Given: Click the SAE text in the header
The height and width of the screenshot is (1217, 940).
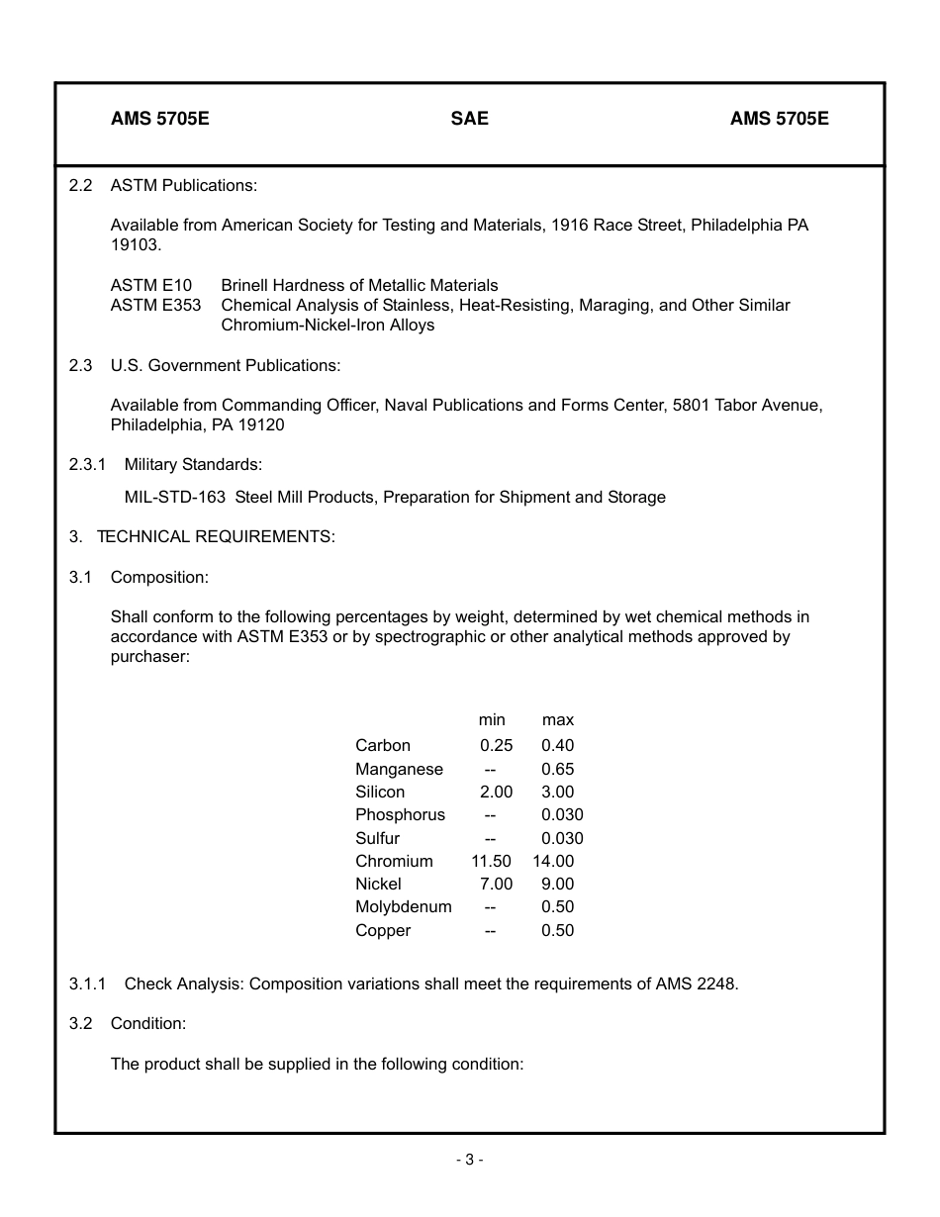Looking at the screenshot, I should coord(469,119).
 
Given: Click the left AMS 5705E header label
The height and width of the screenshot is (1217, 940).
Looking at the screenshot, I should coord(159,119).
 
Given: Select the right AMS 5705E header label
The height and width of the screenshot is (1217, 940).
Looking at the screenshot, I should coord(779,119).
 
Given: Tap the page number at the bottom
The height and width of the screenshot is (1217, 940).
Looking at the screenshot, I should coord(469,1160).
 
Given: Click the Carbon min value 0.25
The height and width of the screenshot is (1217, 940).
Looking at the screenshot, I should coord(496,746).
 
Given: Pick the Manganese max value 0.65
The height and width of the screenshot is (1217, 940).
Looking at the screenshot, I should coord(557,769).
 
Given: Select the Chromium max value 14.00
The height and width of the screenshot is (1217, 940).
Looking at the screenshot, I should coord(552,861).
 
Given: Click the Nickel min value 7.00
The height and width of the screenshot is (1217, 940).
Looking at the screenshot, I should coord(496,884).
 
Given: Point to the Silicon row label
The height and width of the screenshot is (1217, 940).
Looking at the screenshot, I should coord(380,792).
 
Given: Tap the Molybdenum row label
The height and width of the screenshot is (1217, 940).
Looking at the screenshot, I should coord(403,906).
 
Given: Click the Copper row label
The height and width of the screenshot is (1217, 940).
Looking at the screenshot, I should coord(383,930).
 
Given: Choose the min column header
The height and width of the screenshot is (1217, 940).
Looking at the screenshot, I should coord(492,719).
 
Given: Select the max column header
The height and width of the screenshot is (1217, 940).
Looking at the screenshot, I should coord(557,719).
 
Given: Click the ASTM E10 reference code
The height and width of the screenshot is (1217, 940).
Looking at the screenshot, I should coord(151,285).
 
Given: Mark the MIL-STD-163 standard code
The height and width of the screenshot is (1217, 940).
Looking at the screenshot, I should coord(175,497).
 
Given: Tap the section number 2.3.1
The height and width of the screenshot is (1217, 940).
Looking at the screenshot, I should coord(87,464).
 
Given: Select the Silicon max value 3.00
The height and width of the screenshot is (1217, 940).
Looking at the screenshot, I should coord(557,792).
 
